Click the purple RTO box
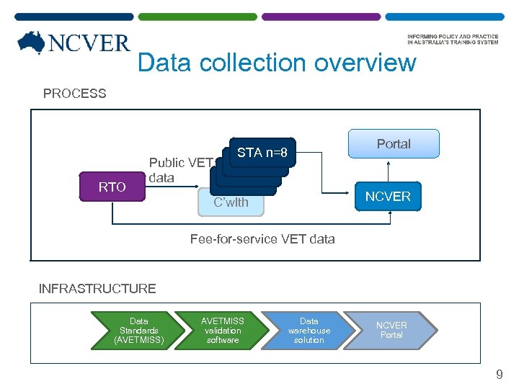coord(112,187)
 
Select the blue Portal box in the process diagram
coord(394,143)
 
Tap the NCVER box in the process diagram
coord(388,197)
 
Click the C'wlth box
coord(231,202)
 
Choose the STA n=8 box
coord(262,153)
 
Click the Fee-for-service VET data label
coord(262,238)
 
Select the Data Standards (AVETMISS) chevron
coord(139,331)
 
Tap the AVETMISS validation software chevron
coord(223,331)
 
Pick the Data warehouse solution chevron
coord(309,331)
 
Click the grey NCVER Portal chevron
coord(392,331)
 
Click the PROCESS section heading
coord(74,94)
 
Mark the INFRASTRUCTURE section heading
coord(97,289)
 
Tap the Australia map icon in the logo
coord(32,43)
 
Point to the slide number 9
coord(499,375)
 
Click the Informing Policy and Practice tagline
coord(453,39)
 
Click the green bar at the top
coord(197,16)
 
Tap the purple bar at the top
coord(320,16)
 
